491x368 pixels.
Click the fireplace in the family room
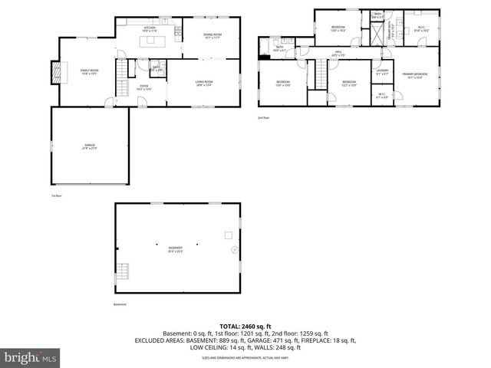coord(54,71)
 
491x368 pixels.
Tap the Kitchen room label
coord(149,29)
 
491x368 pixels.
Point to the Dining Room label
coord(212,35)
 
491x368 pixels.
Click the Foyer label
coord(143,87)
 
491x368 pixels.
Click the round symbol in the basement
coord(235,250)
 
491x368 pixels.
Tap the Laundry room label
coord(382,72)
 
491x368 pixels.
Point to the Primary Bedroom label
coord(415,75)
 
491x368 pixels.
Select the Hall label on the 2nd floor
coord(338,54)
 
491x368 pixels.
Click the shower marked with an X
coord(378,33)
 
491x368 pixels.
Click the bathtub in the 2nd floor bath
coord(265,50)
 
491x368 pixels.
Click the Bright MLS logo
coord(31,357)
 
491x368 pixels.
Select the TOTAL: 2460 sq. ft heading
coord(245,326)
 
